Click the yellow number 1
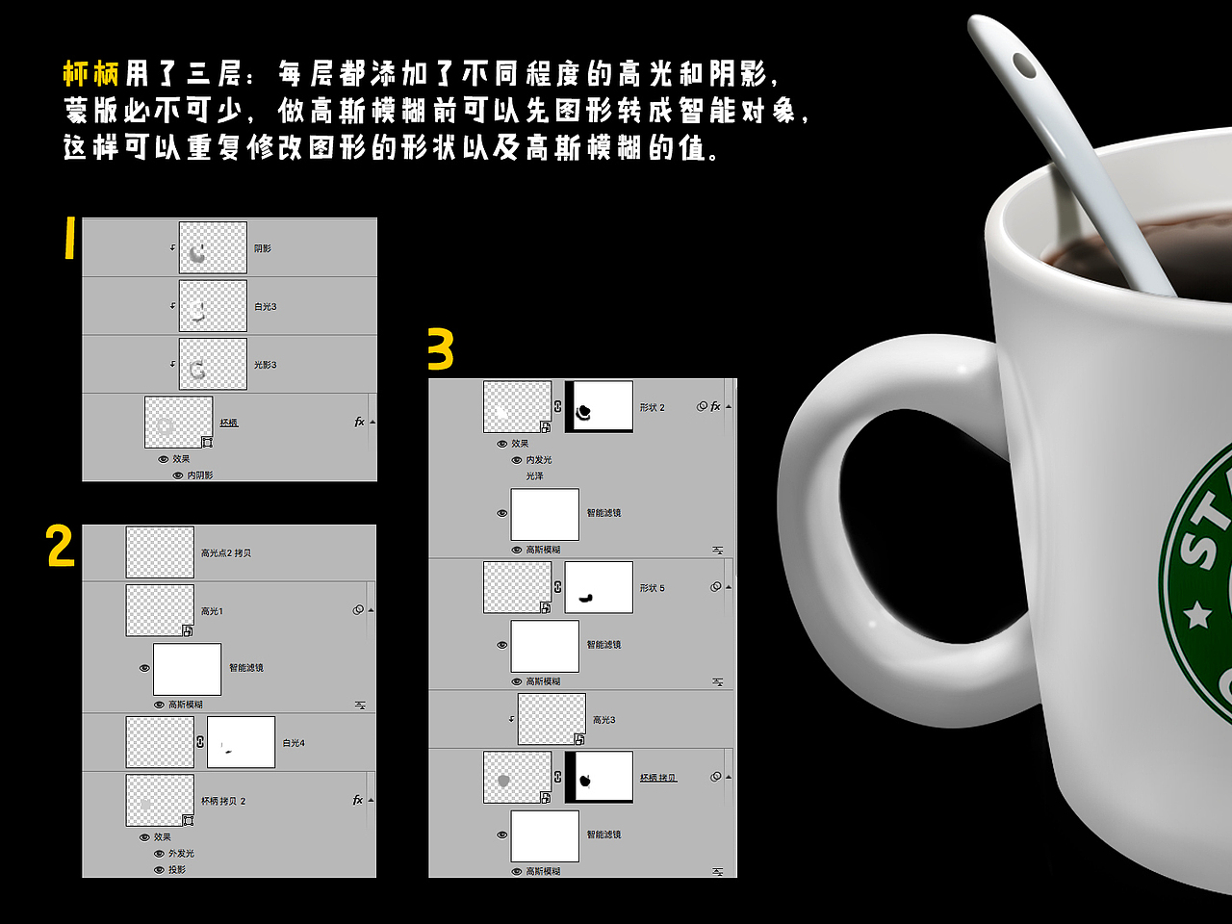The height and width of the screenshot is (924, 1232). [x=69, y=238]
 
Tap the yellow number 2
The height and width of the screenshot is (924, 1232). [x=60, y=546]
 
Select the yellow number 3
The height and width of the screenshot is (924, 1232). [x=440, y=349]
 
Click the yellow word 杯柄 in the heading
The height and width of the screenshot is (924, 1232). [x=91, y=73]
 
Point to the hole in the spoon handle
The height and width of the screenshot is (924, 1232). [x=1025, y=66]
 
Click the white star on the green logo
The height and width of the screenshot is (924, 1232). [x=1198, y=613]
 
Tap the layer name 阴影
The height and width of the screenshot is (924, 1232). [x=263, y=248]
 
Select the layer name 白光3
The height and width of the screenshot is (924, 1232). [x=266, y=307]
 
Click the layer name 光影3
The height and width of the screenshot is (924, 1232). [x=266, y=366]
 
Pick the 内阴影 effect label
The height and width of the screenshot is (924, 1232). [x=200, y=475]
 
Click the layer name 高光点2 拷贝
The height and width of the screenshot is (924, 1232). [x=226, y=553]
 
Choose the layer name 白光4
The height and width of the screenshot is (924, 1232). [x=294, y=743]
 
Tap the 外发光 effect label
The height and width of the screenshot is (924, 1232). [x=181, y=854]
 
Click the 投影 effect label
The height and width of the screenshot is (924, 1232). [x=177, y=870]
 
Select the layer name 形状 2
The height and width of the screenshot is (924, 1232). [x=653, y=408]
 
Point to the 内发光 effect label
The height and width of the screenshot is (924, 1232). [x=539, y=460]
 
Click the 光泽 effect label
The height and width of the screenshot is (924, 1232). [x=535, y=476]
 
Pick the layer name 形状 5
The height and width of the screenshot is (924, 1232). [x=653, y=588]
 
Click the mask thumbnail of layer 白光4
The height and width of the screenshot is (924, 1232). [x=241, y=742]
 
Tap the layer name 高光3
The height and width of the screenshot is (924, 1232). [x=604, y=720]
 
